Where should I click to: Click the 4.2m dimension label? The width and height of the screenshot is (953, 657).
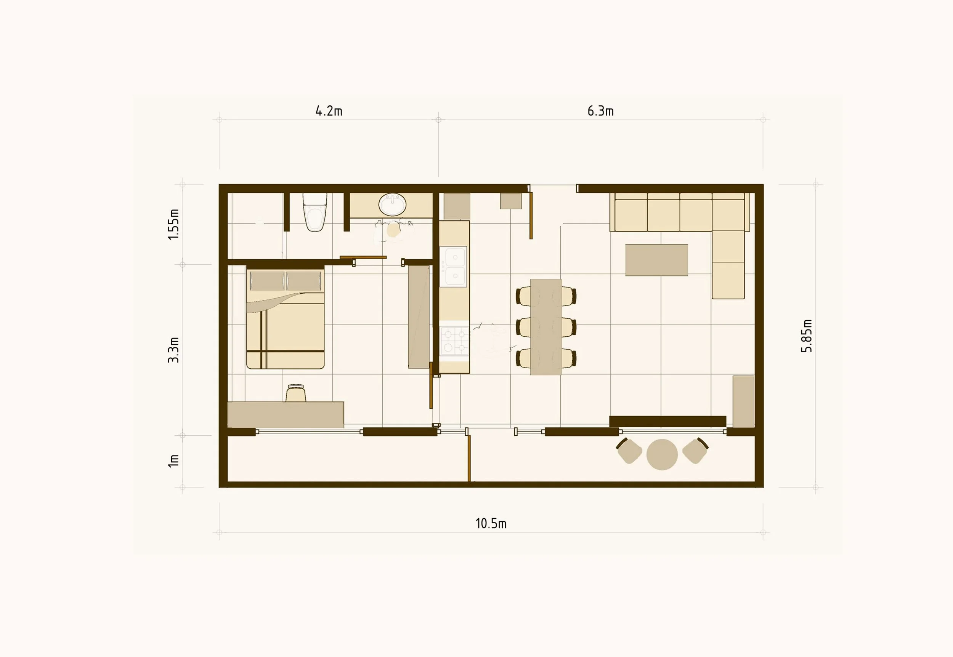pos(329,111)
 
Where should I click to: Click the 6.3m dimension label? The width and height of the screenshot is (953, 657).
pos(600,111)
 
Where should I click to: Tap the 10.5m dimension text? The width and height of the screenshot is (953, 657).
pos(491,524)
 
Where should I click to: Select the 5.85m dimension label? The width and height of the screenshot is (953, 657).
pos(806,336)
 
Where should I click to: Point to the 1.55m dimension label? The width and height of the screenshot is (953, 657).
pos(173,224)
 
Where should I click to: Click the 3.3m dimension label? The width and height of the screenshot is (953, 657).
pos(173,350)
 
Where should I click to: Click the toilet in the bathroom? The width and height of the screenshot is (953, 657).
pos(315,213)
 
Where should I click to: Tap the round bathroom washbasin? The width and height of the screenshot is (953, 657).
pos(392,205)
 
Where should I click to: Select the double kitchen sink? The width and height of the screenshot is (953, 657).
pos(453,266)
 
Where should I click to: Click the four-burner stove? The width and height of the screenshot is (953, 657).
pos(454,340)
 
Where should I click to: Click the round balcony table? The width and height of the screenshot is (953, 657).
pos(662,454)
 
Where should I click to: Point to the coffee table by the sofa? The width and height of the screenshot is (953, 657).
pos(656,260)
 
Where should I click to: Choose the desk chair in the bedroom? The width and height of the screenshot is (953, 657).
pos(296,393)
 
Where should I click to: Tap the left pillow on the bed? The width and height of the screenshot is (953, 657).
pos(267,281)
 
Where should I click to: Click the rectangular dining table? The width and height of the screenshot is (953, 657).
pos(546,327)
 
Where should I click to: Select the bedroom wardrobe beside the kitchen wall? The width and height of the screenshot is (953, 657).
pos(418,317)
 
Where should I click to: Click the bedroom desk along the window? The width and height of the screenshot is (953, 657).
pos(286,414)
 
